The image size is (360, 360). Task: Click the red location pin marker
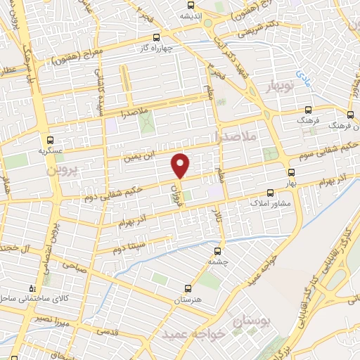pyautogui.click(x=181, y=166)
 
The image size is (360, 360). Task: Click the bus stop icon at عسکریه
pyautogui.click(x=50, y=139)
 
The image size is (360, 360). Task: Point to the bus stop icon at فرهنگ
pyautogui.click(x=309, y=110)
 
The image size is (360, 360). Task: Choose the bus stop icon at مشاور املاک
pyautogui.click(x=271, y=191)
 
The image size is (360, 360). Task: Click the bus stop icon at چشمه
pyautogui.click(x=217, y=248)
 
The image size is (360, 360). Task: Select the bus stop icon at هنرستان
pyautogui.click(x=187, y=288)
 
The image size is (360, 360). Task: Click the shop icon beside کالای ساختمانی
pyautogui.click(x=32, y=288)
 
